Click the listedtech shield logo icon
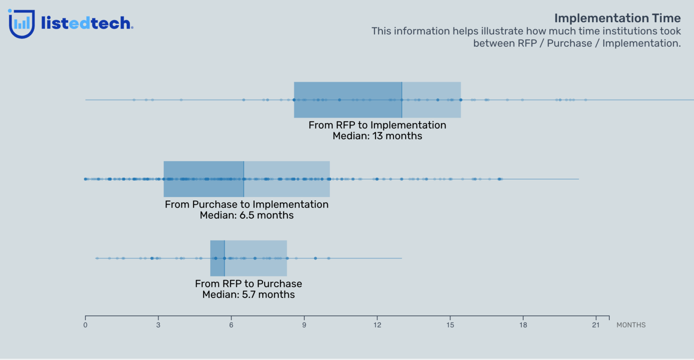(22, 24)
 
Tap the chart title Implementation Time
(617, 18)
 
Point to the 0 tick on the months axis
(85, 325)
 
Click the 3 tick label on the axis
(158, 325)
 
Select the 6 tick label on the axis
(231, 325)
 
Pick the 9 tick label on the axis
(304, 325)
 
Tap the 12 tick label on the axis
(377, 325)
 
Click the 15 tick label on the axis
(450, 325)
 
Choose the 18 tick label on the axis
(523, 325)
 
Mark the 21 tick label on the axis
(596, 325)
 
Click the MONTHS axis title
(631, 325)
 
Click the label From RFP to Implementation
(377, 125)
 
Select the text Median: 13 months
(377, 137)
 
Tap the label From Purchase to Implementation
(247, 205)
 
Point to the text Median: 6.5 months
(247, 216)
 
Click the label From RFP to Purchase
(248, 284)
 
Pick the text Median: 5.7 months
(248, 295)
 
